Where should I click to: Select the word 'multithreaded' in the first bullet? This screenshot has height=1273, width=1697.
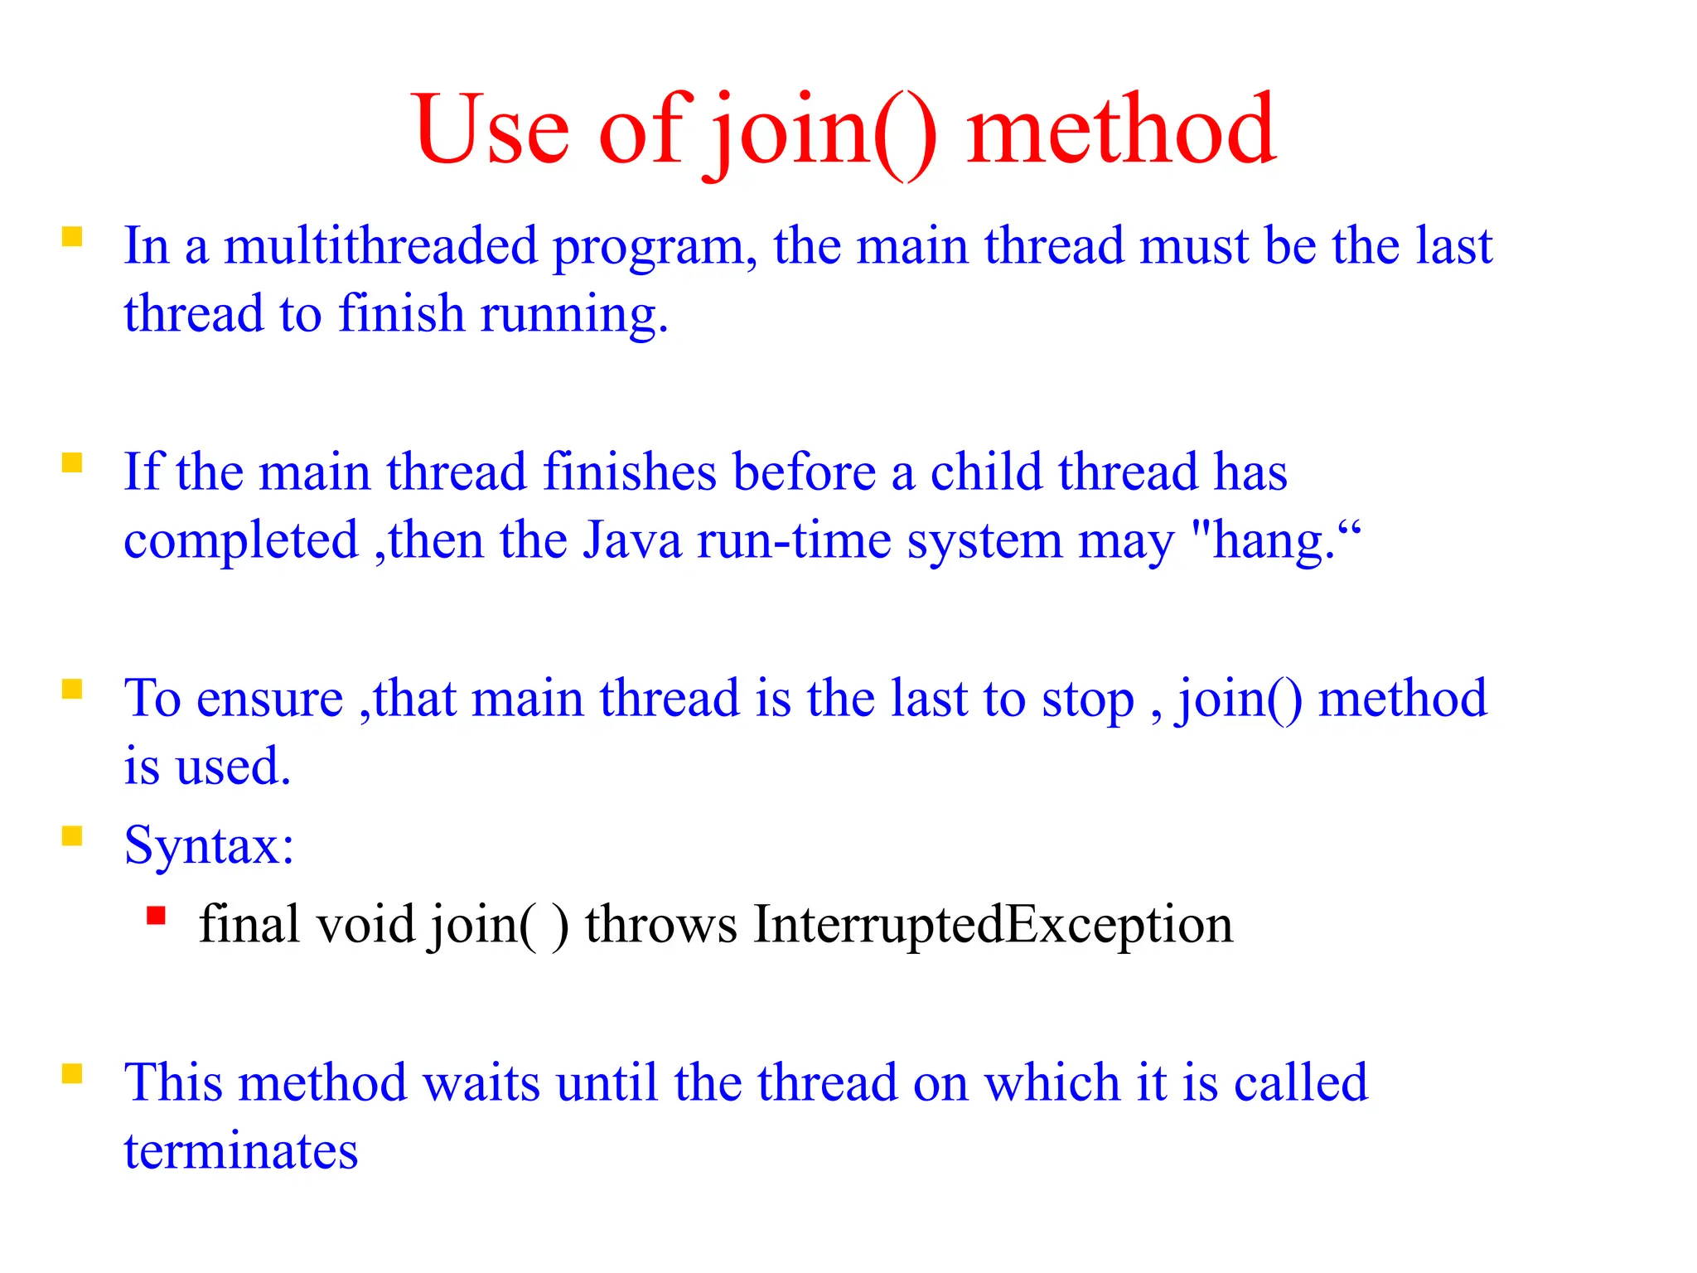380,246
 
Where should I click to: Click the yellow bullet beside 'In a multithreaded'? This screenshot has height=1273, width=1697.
72,237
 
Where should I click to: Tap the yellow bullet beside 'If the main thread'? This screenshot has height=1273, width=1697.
72,462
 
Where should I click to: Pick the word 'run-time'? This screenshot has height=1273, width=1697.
795,540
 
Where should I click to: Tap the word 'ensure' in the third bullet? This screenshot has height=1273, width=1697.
269,699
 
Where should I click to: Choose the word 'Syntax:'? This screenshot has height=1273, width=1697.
209,846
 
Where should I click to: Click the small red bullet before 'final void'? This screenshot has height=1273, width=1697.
156,916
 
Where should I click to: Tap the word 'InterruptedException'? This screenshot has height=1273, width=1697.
993,925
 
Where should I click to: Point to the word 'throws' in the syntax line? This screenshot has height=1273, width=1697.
660,925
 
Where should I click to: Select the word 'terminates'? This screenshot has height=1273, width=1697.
240,1151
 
